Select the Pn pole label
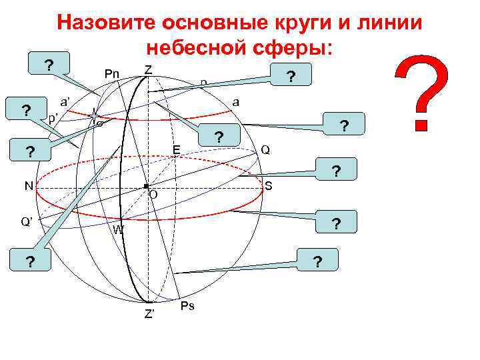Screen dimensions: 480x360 click(x=111, y=73)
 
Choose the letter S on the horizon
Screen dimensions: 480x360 click(x=268, y=185)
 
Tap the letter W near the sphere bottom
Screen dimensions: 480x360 click(x=118, y=230)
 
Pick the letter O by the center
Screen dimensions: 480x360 click(x=153, y=195)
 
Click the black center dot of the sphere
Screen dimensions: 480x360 click(x=145, y=186)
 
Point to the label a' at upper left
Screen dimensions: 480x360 click(x=67, y=102)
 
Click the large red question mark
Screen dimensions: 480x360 click(x=423, y=93)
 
